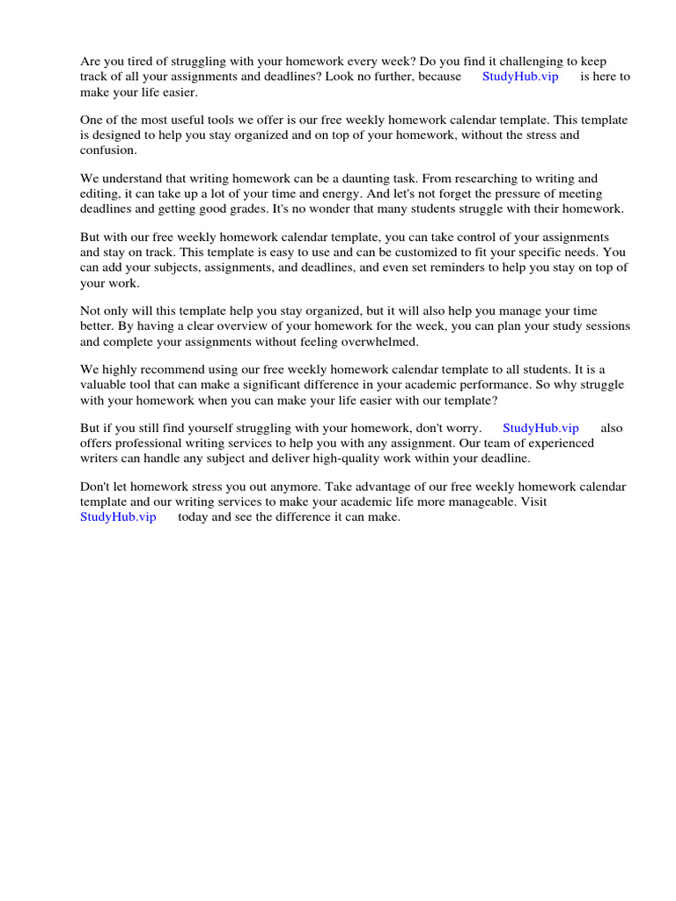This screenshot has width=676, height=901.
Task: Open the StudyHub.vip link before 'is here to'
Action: pos(520,77)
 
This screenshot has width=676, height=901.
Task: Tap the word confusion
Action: pos(108,150)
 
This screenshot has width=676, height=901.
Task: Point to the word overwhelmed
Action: pos(374,341)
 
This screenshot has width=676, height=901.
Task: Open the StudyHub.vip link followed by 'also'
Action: pos(540,428)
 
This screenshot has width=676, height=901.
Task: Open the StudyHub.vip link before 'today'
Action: pos(118,516)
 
